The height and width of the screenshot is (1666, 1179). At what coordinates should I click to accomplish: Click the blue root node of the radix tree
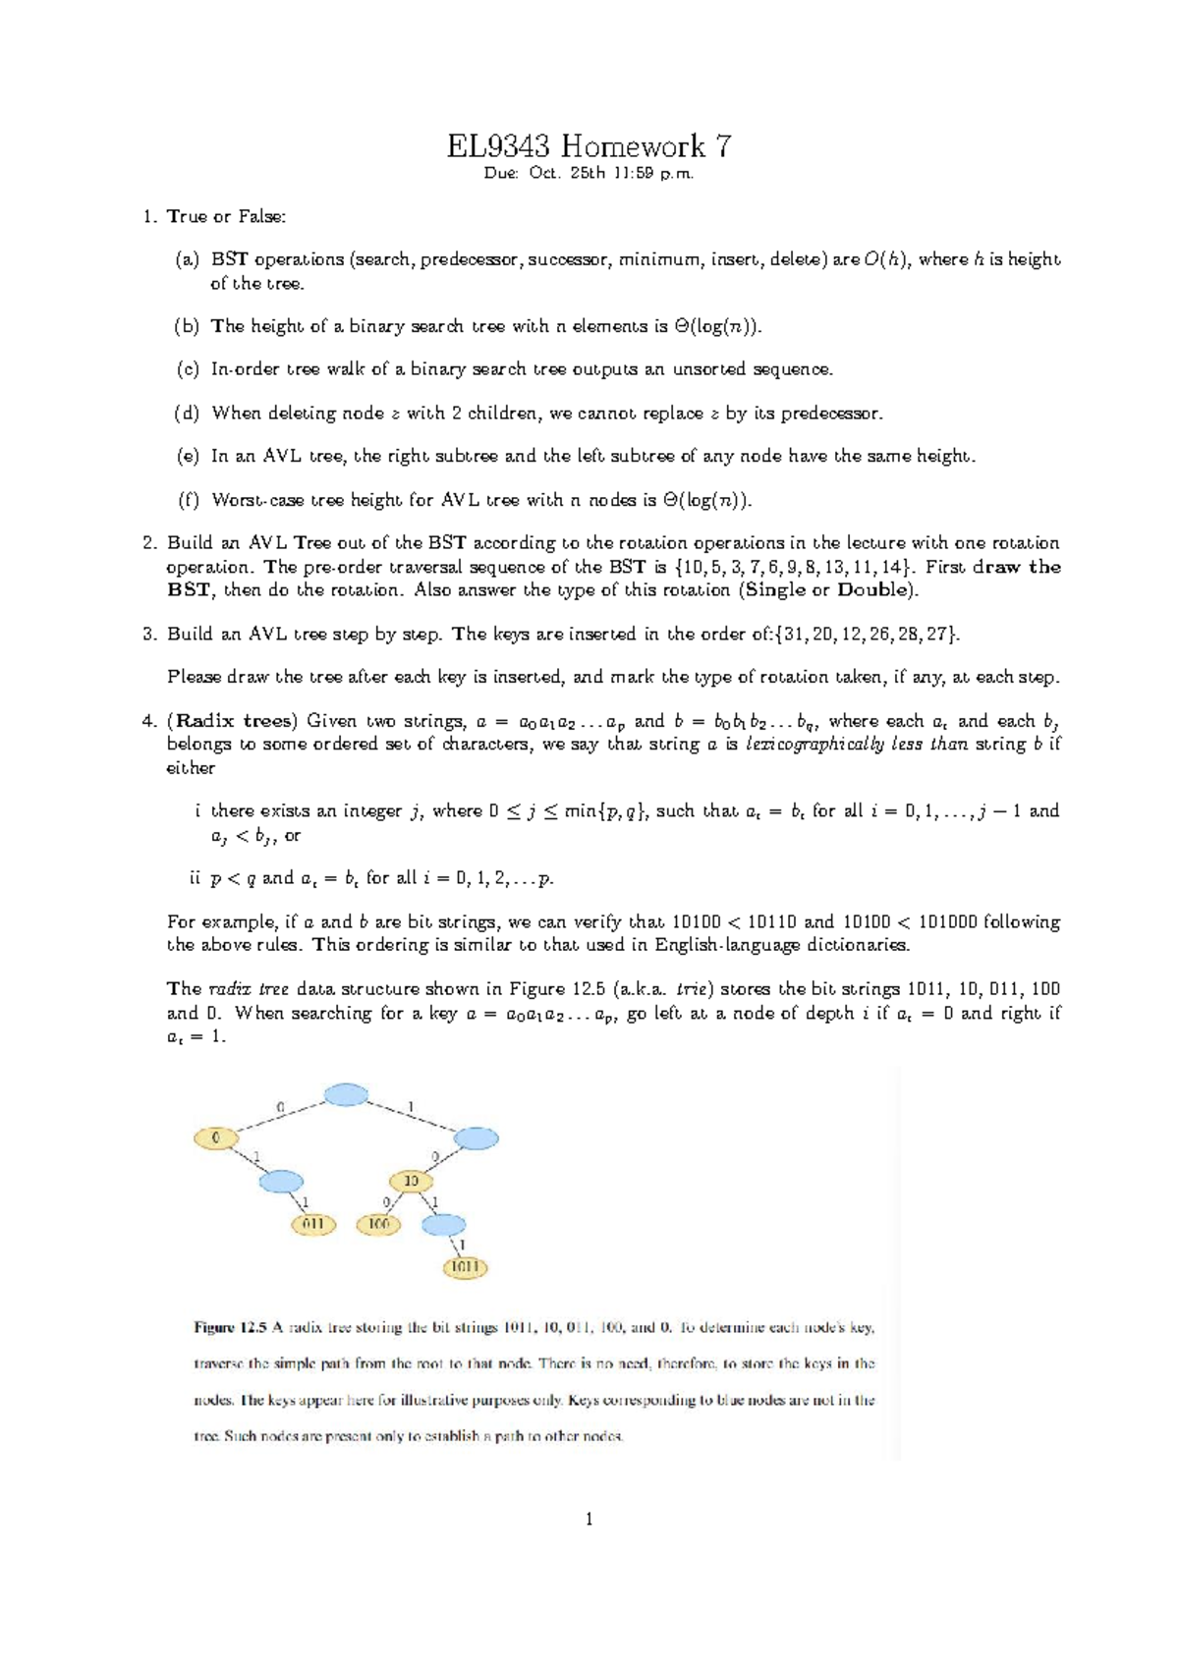point(346,1094)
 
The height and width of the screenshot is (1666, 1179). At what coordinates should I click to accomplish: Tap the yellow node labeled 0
point(217,1138)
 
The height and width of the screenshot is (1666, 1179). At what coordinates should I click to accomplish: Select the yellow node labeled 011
point(313,1224)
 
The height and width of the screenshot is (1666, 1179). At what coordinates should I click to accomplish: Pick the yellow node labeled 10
point(412,1180)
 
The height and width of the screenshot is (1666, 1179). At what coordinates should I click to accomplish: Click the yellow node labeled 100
point(378,1224)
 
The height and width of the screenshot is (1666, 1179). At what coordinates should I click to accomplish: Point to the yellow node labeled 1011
point(465,1267)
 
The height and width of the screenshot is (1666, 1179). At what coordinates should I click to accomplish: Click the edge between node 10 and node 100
point(393,1202)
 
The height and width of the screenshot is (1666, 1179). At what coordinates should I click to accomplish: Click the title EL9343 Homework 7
point(589,146)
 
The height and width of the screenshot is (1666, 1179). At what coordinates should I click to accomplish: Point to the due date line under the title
point(589,174)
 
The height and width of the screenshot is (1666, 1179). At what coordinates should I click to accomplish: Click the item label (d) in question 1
point(187,414)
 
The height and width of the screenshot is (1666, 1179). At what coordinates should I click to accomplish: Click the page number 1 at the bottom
point(589,1520)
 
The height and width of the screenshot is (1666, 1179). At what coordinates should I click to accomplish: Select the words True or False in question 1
point(226,216)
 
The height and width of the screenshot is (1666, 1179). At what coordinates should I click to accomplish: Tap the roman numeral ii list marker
point(194,878)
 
